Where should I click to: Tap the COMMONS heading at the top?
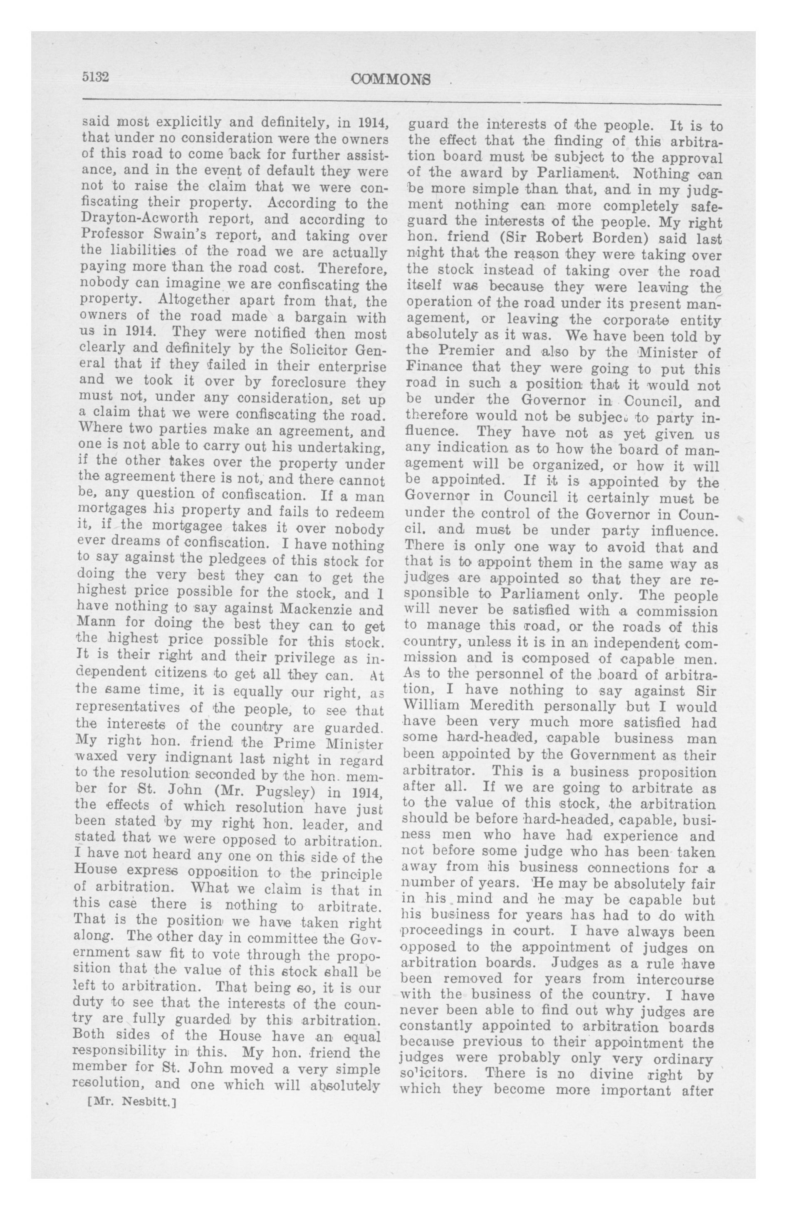pyautogui.click(x=391, y=80)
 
